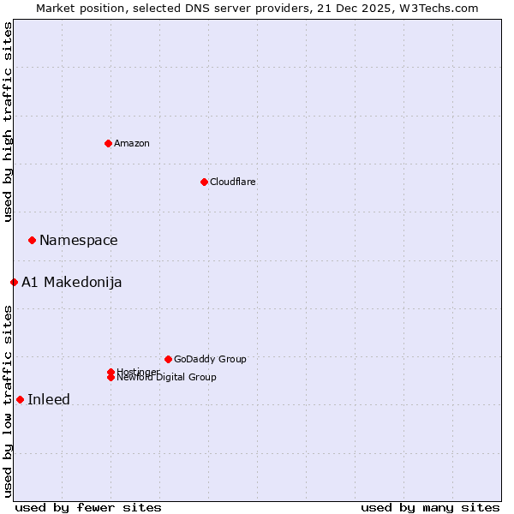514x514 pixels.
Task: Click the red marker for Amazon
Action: (108, 143)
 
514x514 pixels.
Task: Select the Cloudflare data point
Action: (204, 182)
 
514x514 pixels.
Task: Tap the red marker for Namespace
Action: (32, 240)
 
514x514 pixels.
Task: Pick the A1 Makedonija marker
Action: (14, 282)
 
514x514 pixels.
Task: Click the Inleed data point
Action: (20, 399)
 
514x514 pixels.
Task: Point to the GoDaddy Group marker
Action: (168, 359)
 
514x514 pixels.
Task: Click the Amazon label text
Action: (131, 143)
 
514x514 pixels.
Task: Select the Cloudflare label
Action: (232, 182)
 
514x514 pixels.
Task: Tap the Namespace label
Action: (78, 241)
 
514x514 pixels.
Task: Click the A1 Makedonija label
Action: (71, 283)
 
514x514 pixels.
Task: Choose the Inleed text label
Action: (49, 400)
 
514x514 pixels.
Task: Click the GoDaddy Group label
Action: (210, 359)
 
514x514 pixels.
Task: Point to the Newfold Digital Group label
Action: (166, 377)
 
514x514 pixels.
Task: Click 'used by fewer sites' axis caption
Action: (88, 508)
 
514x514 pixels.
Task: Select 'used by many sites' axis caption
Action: (430, 508)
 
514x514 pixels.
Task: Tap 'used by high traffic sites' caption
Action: (8, 122)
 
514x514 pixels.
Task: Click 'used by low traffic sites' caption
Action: (8, 401)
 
